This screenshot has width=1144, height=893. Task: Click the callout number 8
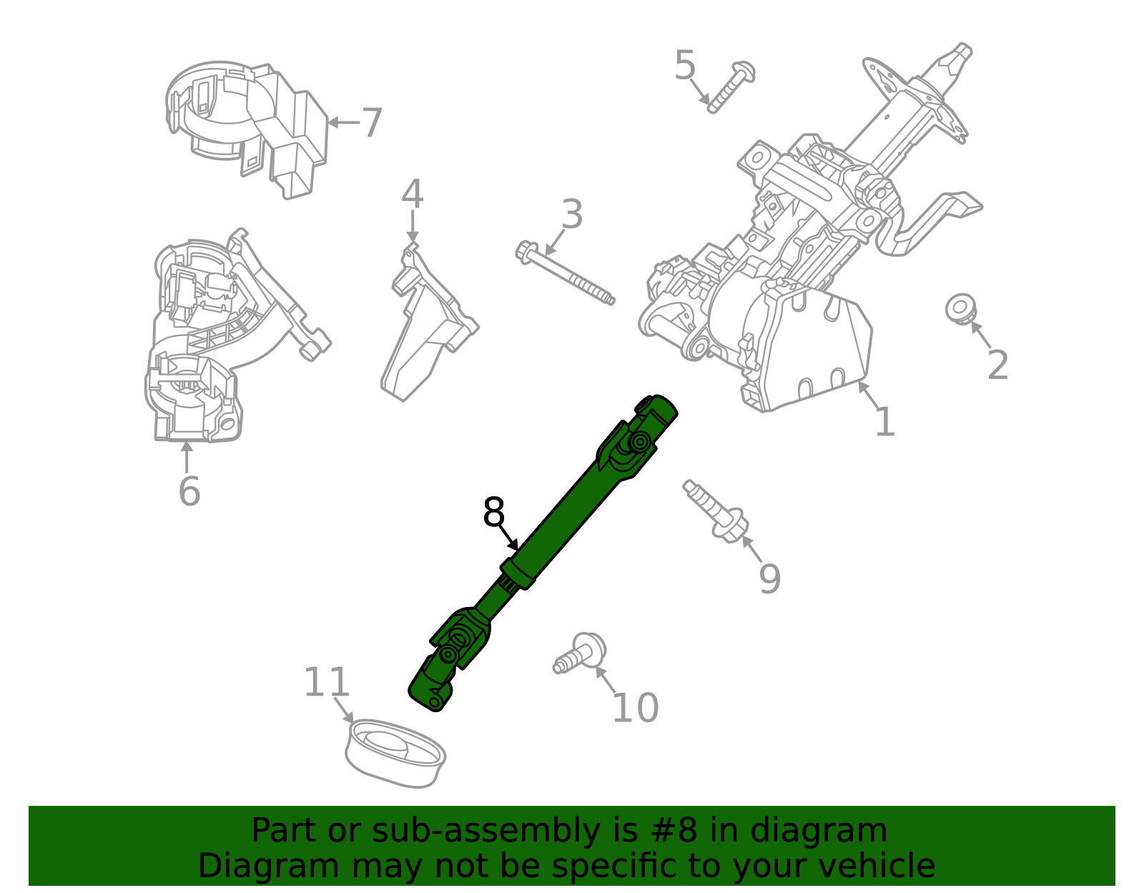click(x=494, y=513)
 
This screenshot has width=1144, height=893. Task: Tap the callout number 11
click(x=327, y=683)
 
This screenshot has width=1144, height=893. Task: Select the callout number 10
click(x=635, y=708)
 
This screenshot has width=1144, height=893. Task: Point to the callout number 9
click(x=769, y=578)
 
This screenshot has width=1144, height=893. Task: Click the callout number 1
click(x=884, y=422)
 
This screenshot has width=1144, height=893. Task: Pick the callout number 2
click(x=997, y=365)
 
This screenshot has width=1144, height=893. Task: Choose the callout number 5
click(x=685, y=66)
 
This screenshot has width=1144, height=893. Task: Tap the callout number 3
click(x=571, y=214)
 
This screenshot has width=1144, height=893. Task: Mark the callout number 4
click(x=412, y=194)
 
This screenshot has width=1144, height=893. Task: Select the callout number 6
click(x=189, y=491)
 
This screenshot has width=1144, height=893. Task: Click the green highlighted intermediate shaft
click(x=558, y=529)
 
